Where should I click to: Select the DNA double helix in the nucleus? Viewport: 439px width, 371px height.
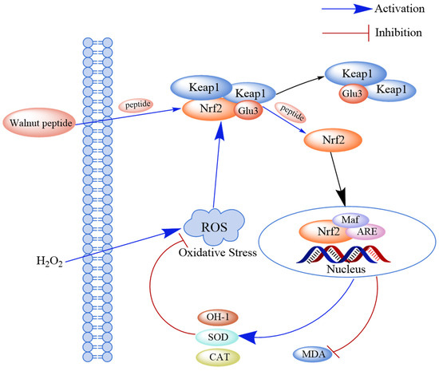[342, 254]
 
